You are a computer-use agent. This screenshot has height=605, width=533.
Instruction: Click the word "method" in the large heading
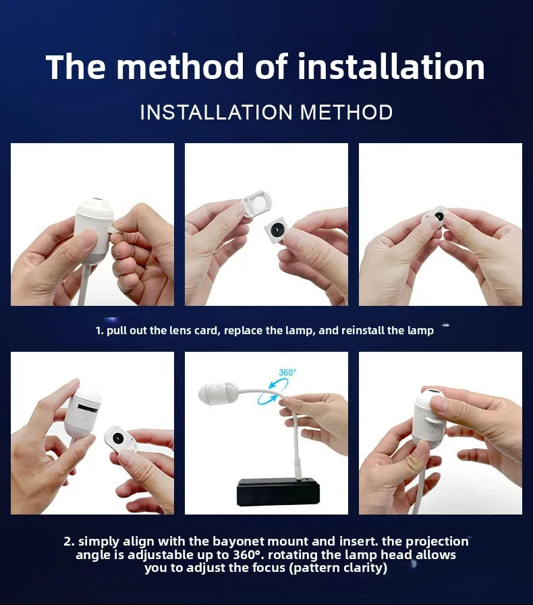click(181, 67)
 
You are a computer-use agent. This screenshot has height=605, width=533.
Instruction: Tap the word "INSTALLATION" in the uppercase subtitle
click(217, 112)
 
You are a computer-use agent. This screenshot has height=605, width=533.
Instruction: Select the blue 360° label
click(287, 372)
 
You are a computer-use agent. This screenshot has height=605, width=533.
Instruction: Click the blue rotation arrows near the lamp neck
click(273, 391)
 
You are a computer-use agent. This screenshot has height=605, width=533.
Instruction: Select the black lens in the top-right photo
click(439, 217)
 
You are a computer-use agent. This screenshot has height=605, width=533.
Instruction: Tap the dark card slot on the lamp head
click(85, 407)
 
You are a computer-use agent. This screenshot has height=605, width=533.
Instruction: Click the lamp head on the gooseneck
click(219, 393)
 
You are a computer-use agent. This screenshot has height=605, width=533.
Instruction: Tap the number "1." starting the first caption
click(99, 331)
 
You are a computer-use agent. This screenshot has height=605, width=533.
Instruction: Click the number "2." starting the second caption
click(69, 542)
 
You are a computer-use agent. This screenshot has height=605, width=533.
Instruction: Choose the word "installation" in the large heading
click(391, 67)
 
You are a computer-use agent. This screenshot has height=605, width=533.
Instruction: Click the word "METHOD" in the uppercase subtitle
click(346, 112)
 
